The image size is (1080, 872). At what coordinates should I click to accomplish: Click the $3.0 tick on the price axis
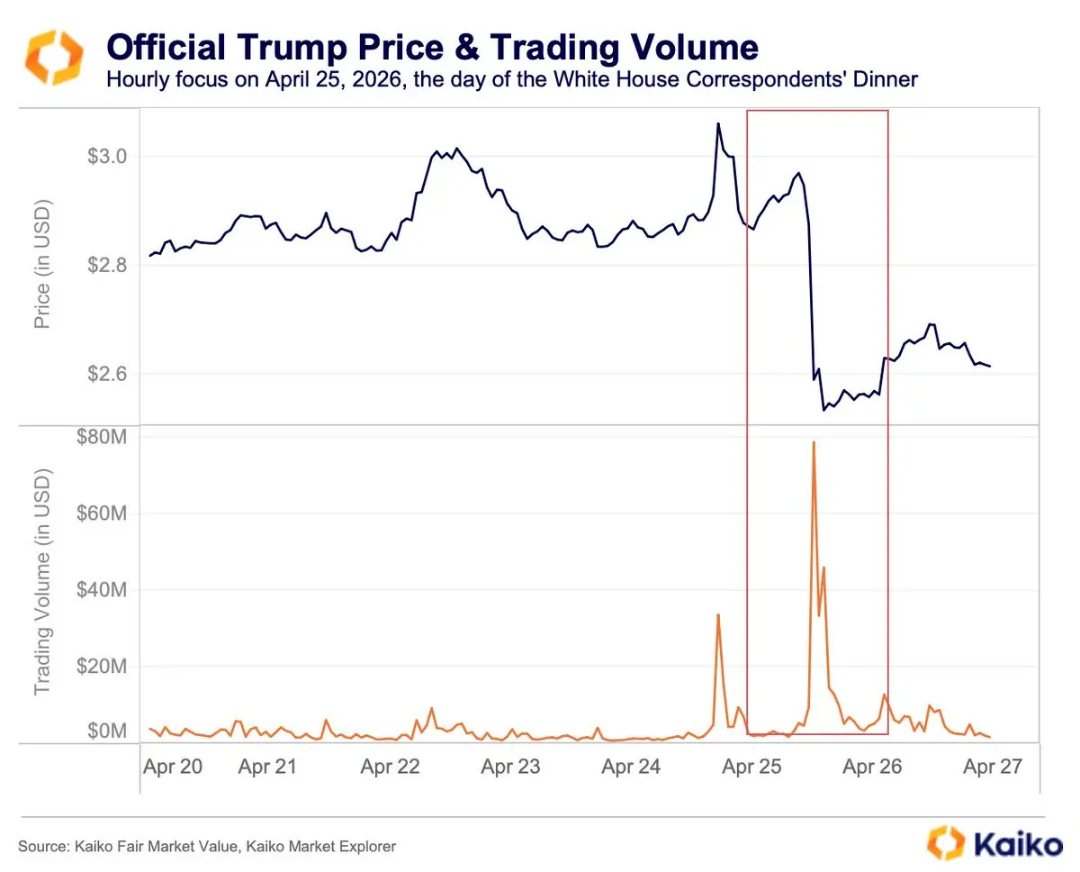tap(108, 157)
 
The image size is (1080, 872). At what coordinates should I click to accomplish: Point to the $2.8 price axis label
tap(108, 266)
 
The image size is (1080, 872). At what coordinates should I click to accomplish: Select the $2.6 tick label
tap(108, 374)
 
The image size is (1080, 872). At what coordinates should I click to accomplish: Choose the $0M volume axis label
tap(107, 731)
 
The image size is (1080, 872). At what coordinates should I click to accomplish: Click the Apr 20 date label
tap(174, 767)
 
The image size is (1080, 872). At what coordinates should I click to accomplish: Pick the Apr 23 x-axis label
tap(510, 767)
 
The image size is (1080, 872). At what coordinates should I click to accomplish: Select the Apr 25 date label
tap(752, 767)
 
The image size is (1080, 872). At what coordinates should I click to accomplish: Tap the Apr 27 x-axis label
tap(992, 767)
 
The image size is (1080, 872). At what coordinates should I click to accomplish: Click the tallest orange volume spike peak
tap(814, 442)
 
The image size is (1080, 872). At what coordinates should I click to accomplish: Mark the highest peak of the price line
tap(718, 123)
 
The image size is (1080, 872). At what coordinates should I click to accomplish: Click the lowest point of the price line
tap(823, 410)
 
